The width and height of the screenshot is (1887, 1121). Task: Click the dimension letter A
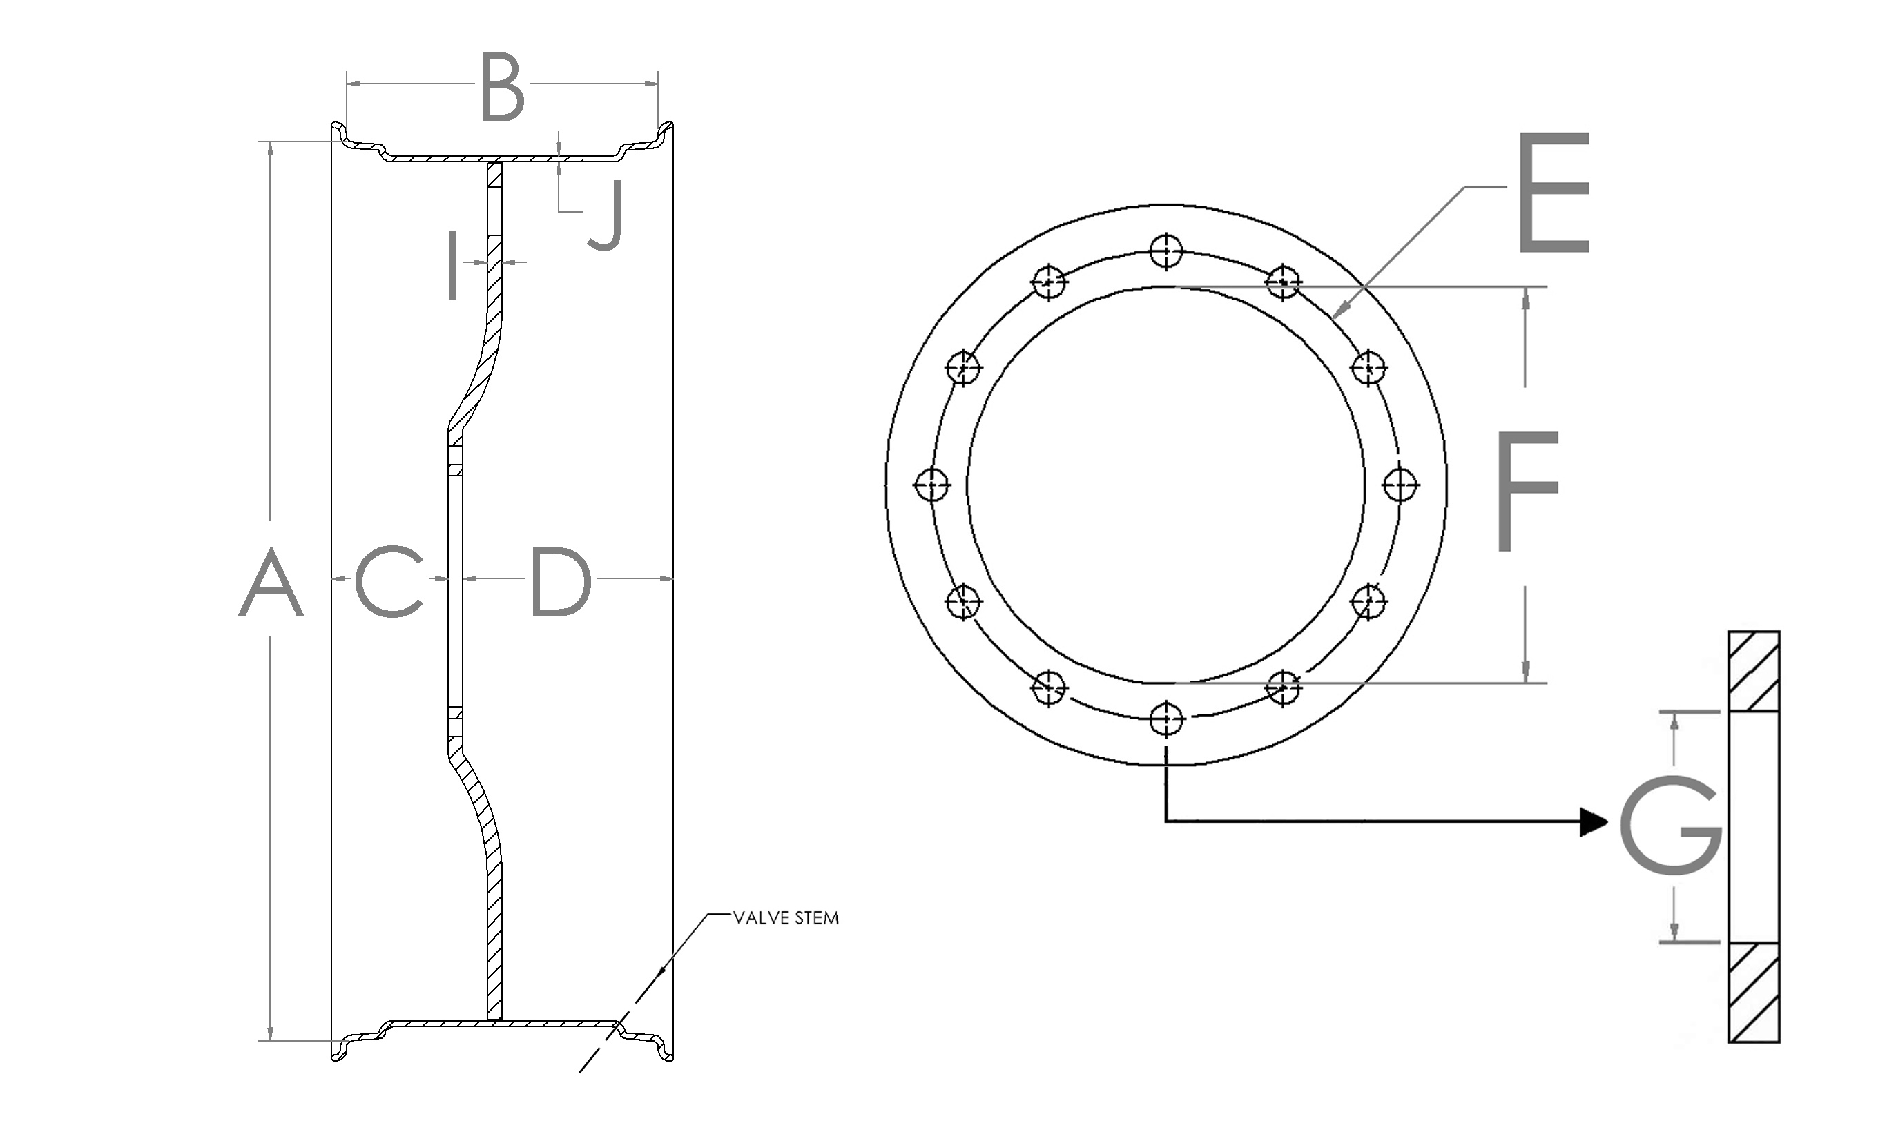(x=271, y=584)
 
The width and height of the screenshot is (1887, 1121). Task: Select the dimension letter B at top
(x=503, y=87)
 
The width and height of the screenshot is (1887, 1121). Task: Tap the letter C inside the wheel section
(x=388, y=581)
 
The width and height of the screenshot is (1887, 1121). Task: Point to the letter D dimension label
(x=561, y=581)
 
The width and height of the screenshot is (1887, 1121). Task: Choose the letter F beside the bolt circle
(x=1526, y=491)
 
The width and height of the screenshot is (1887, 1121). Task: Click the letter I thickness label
(x=452, y=266)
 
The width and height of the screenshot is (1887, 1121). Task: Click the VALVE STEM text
(x=786, y=919)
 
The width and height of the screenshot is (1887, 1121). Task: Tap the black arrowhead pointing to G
(x=1594, y=821)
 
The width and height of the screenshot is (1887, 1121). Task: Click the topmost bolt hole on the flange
(x=1165, y=251)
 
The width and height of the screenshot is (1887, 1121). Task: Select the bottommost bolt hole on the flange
(x=1165, y=719)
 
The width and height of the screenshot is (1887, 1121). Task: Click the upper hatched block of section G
(x=1754, y=671)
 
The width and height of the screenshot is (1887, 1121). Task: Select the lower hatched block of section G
(x=1754, y=992)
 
